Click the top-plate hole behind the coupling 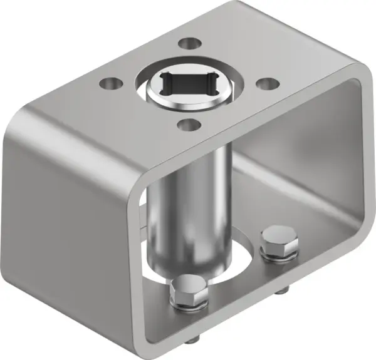187,44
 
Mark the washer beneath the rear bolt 276,254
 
